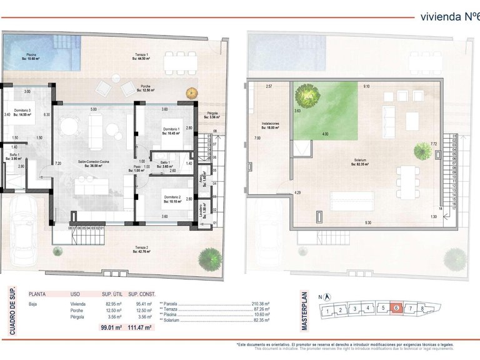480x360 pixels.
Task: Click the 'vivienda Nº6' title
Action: (x=449, y=17)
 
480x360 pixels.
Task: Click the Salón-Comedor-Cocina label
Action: (x=93, y=163)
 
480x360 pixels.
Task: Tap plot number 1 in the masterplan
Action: (x=326, y=310)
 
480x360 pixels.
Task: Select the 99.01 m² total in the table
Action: (x=111, y=327)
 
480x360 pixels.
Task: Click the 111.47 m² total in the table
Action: (x=141, y=327)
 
